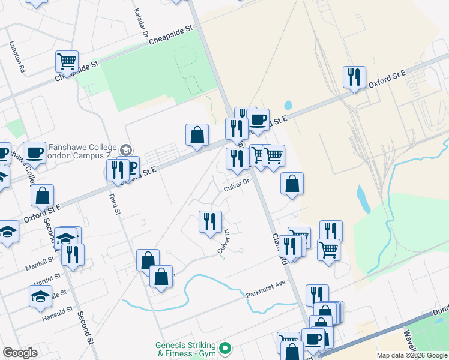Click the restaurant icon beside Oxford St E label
(354, 77)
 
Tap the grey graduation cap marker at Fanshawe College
(125, 149)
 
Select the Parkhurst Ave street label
(265, 293)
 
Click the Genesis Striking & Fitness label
(186, 349)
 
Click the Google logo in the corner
(20, 353)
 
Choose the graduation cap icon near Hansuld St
(40, 296)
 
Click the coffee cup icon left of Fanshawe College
(34, 152)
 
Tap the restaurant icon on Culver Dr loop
(210, 221)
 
